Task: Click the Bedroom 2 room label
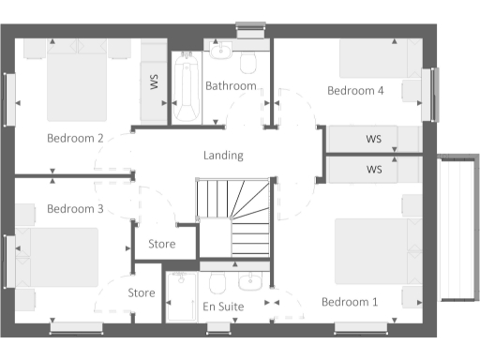tap(75, 139)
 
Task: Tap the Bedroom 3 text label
tap(75, 208)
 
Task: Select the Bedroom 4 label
tap(355, 91)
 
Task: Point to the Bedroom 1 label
tap(350, 302)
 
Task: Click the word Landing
tap(223, 156)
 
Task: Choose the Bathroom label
tap(231, 86)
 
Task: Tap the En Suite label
tap(223, 307)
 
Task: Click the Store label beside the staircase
tap(163, 245)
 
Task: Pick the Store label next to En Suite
tap(142, 293)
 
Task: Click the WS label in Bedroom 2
tap(154, 82)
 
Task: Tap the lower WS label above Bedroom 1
tap(374, 171)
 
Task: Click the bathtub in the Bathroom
tap(185, 86)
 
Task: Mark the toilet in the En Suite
tap(217, 283)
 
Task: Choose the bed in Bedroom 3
tap(61, 258)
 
